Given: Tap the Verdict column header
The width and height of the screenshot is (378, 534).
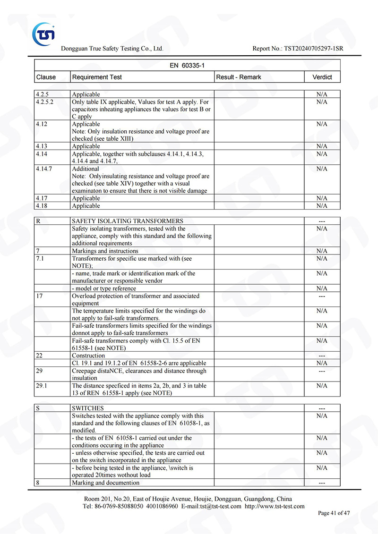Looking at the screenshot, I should (322, 77).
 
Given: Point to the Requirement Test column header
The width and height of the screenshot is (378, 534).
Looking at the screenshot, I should (97, 77).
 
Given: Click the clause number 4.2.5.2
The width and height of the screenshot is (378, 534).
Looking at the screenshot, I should (45, 102).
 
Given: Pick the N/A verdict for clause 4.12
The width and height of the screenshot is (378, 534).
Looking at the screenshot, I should (322, 124).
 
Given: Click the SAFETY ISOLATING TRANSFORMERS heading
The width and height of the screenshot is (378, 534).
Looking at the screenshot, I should (128, 221).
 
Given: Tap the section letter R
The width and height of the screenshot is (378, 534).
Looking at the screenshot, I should (38, 221).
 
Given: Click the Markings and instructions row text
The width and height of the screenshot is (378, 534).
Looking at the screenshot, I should (105, 251).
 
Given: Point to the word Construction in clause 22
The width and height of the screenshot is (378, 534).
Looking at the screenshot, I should (88, 356).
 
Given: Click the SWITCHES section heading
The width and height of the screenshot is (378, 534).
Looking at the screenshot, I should (88, 408).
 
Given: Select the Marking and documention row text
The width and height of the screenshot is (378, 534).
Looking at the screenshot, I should (105, 483).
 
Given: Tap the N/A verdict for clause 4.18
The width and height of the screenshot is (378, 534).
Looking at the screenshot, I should (322, 206).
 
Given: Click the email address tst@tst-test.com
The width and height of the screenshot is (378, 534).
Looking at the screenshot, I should (220, 506).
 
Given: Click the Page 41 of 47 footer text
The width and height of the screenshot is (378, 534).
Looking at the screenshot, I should (334, 513).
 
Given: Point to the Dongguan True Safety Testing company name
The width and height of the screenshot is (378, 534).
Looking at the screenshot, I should (112, 49).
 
